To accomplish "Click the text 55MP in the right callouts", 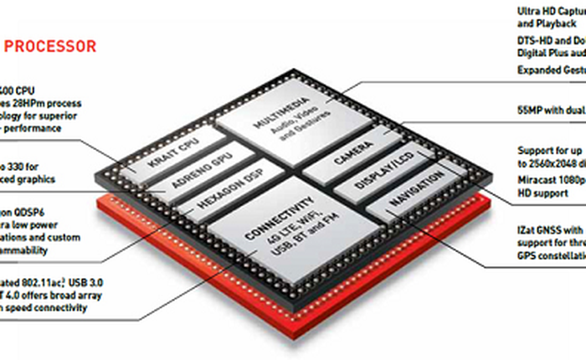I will [x=530, y=111].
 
